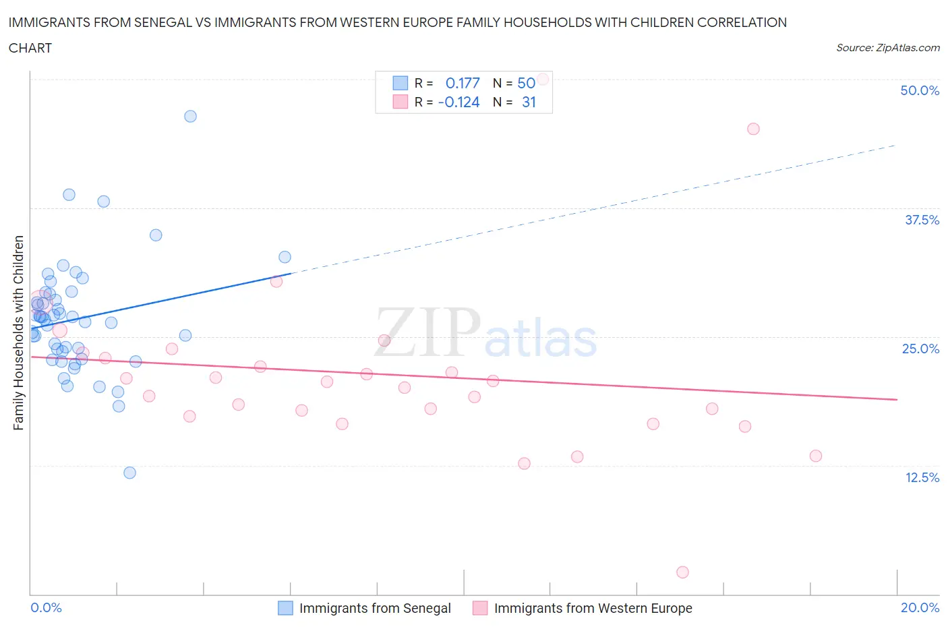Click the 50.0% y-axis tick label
click(x=919, y=90)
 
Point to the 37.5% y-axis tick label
click(x=922, y=220)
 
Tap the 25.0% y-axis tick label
click(x=920, y=349)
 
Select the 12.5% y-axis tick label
click(x=922, y=477)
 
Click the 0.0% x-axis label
click(x=46, y=607)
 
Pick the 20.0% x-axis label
click(x=920, y=607)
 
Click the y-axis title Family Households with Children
click(x=19, y=332)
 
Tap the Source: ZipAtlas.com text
click(x=887, y=47)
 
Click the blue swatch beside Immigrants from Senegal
click(x=286, y=608)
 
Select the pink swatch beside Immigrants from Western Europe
click(x=480, y=608)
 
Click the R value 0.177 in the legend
click(x=463, y=83)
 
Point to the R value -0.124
click(x=458, y=102)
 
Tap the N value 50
click(x=526, y=83)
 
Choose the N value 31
click(x=529, y=102)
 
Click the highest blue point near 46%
click(x=190, y=116)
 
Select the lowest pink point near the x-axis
click(x=682, y=572)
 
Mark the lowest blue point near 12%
click(x=129, y=473)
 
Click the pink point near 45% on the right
click(x=753, y=129)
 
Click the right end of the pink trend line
click(x=897, y=400)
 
